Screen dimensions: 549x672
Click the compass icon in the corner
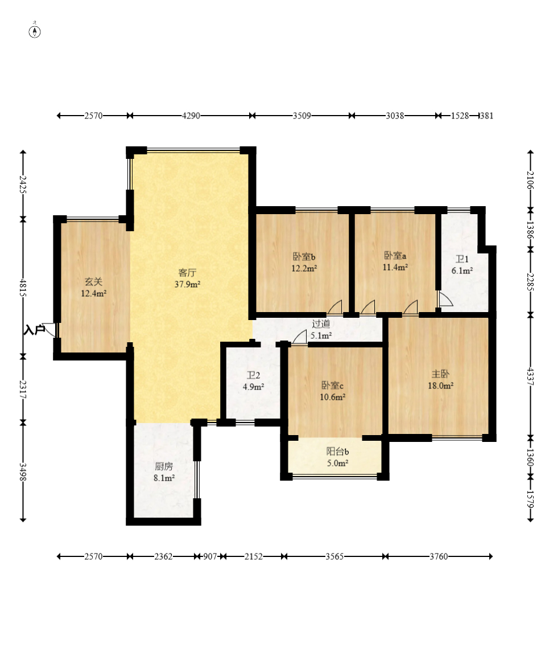[35, 31]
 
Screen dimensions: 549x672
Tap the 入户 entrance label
[34, 330]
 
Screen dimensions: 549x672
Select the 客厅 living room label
[187, 273]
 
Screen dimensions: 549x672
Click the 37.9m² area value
[188, 284]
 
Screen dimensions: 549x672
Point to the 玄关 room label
[93, 282]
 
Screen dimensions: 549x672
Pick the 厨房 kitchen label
[164, 466]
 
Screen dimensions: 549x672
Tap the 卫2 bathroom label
[253, 375]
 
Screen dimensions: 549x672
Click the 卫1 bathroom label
[461, 259]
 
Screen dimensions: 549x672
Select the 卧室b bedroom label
[304, 257]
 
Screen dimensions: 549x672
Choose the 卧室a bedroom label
[395, 256]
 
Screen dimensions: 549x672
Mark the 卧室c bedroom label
[332, 386]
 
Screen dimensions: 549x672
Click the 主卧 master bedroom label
[440, 374]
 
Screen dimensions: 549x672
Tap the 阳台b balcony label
[337, 451]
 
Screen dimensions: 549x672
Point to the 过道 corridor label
[321, 324]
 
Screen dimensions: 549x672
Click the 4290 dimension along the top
[191, 116]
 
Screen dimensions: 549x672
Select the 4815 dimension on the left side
[23, 288]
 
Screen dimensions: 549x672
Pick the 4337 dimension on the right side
[531, 376]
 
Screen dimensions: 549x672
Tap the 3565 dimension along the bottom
[335, 556]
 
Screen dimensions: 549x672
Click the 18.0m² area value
[441, 386]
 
